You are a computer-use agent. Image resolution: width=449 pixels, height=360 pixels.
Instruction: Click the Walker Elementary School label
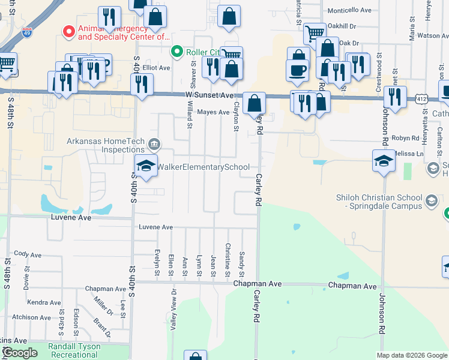point(203,167)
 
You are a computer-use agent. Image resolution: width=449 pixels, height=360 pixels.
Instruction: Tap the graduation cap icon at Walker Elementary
point(145,166)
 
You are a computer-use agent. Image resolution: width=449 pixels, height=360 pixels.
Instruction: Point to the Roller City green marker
point(176,52)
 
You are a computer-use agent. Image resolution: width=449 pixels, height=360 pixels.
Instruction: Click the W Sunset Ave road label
point(209,95)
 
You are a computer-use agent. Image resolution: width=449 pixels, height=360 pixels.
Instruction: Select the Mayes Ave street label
point(214,112)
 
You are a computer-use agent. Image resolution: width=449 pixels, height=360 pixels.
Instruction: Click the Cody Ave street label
point(28,254)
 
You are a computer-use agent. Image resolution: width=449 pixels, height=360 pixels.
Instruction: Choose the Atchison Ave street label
point(32,317)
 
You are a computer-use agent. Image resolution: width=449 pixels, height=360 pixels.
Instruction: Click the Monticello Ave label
point(351,10)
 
